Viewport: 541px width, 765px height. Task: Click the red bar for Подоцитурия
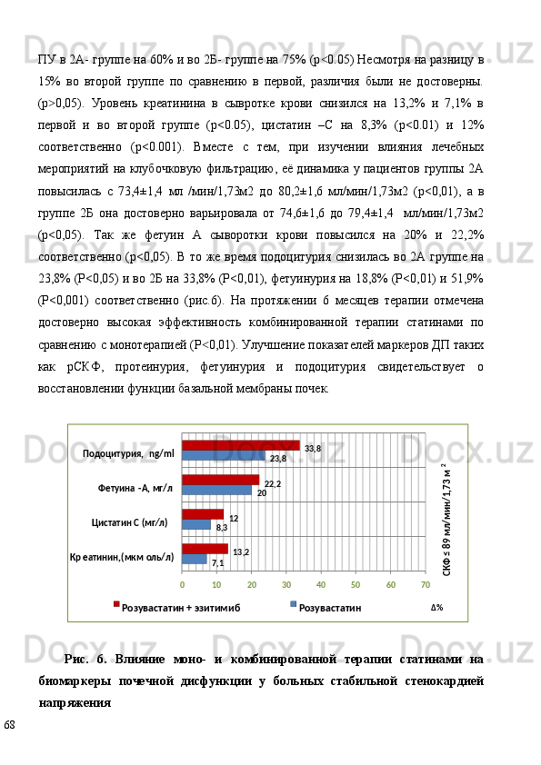click(241, 445)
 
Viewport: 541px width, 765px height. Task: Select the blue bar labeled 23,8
click(224, 455)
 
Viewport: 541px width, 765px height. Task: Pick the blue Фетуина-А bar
click(216, 491)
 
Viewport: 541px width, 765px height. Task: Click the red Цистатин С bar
click(203, 514)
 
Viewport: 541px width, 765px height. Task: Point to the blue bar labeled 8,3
click(196, 525)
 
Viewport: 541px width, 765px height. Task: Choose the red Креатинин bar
click(205, 548)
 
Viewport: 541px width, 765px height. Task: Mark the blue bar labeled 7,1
click(195, 559)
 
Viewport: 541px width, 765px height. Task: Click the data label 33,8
click(313, 448)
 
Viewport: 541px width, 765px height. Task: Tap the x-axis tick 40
click(321, 584)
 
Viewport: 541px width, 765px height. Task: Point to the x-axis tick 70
click(425, 584)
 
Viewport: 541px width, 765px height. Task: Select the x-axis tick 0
click(182, 584)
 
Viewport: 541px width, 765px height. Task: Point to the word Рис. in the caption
click(77, 660)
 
